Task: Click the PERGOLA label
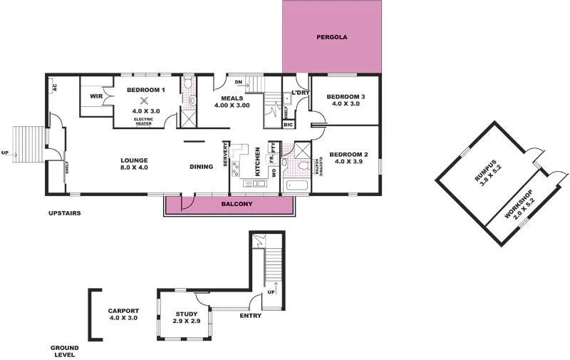(332, 37)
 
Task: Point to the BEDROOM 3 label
(346, 97)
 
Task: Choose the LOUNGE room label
(133, 160)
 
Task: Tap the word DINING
(202, 168)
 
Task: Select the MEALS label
(232, 98)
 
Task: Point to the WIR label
(97, 96)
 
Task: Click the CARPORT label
(123, 311)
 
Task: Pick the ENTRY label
(250, 316)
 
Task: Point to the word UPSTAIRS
(64, 213)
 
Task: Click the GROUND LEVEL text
(64, 351)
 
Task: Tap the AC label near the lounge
(54, 88)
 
